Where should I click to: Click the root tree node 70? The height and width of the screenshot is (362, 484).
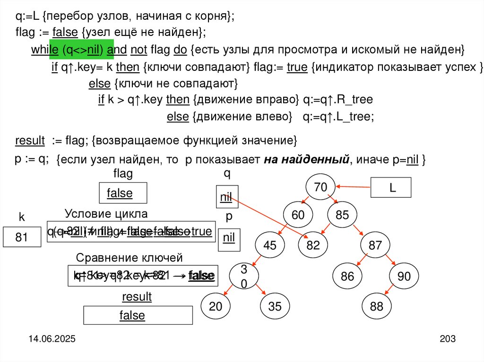320,187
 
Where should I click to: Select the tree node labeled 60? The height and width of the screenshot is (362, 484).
298,215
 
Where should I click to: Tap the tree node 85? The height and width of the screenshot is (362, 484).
342,215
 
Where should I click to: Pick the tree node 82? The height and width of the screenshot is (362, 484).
313,245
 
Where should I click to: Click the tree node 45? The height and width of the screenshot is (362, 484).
269,245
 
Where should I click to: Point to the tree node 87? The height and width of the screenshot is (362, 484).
375,245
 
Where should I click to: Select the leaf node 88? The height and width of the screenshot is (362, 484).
377,306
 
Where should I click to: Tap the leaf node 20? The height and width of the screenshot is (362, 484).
216,306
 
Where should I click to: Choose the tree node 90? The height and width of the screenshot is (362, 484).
404,277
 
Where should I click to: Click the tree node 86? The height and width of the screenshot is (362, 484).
347,277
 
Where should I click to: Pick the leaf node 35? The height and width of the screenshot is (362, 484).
274,306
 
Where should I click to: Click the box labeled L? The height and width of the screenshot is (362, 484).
392,187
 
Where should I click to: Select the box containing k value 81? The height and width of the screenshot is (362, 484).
22,238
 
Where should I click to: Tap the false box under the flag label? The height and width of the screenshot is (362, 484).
123,193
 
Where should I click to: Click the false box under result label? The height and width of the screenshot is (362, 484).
138,315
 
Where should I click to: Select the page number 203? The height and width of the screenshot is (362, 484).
447,339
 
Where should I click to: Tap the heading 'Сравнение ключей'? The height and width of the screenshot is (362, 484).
129,258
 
